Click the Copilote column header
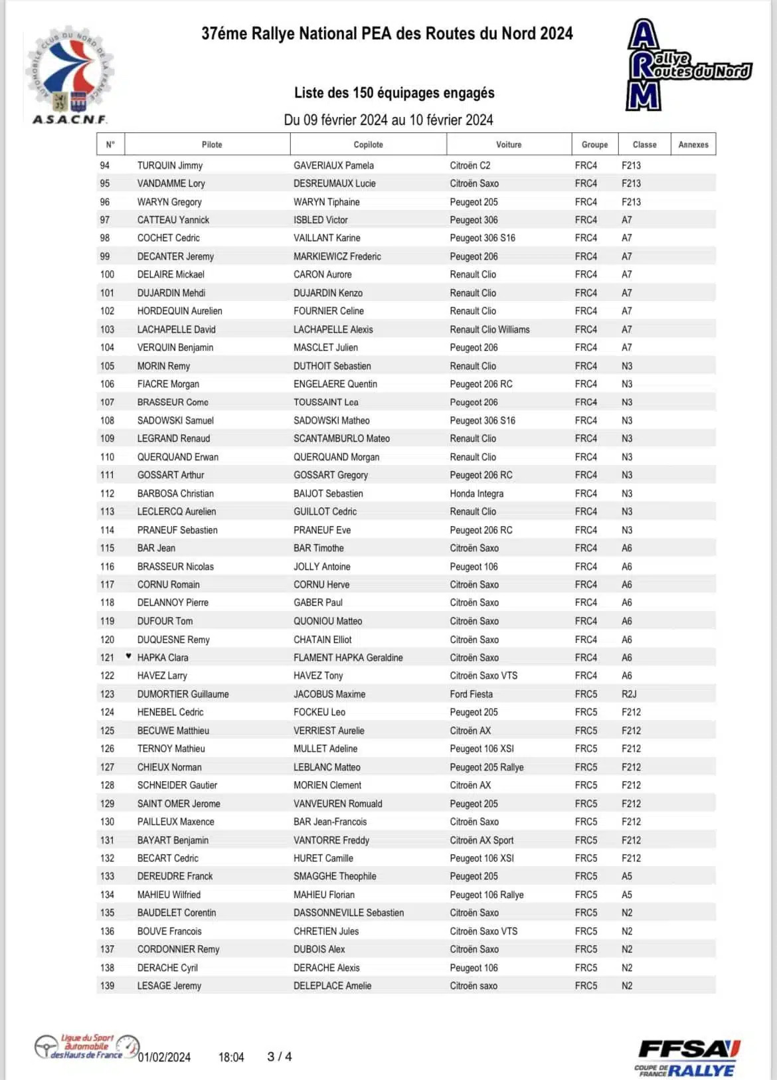[x=368, y=144]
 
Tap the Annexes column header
[x=693, y=144]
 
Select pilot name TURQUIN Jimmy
[x=170, y=165]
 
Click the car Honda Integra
[x=477, y=494]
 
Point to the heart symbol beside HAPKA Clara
[x=129, y=656]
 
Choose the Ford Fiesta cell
[x=472, y=694]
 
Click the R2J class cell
[x=629, y=694]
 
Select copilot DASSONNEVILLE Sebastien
[x=349, y=913]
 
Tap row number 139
[x=107, y=986]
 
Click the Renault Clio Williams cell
[x=489, y=329]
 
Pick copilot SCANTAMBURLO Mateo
[x=341, y=438]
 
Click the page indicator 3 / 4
[x=280, y=1056]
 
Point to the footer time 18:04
[x=231, y=1057]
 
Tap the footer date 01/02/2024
[x=164, y=1057]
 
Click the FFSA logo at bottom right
[x=687, y=1057]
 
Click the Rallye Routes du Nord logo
[x=687, y=65]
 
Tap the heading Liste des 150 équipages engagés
[x=394, y=92]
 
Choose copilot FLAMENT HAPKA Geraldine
[x=348, y=658]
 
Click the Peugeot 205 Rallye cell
[x=487, y=767]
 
